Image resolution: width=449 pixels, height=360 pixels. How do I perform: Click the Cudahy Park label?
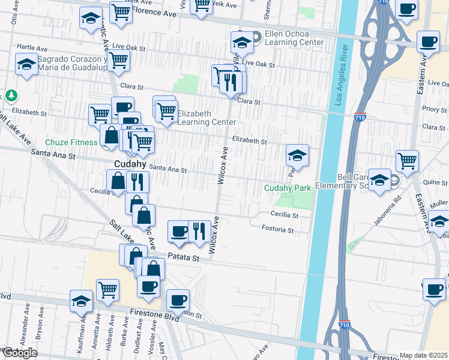288,188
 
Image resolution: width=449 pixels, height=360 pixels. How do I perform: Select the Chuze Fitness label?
71,143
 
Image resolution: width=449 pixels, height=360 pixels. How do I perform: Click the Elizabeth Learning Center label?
206,118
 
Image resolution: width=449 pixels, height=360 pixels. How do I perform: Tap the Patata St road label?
183,257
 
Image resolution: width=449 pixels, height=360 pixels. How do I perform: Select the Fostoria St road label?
277,229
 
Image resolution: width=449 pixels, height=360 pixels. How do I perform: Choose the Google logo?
20,353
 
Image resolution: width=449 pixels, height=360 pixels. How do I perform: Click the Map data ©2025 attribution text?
423,355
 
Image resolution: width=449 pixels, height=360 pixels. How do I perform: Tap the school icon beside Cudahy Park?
297,156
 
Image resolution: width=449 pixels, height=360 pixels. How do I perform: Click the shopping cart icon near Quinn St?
407,161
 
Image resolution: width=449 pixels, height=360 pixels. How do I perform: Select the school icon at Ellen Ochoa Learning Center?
242,43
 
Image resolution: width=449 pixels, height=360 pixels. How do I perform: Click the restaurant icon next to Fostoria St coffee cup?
199,230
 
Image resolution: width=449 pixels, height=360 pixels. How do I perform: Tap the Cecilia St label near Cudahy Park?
285,214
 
